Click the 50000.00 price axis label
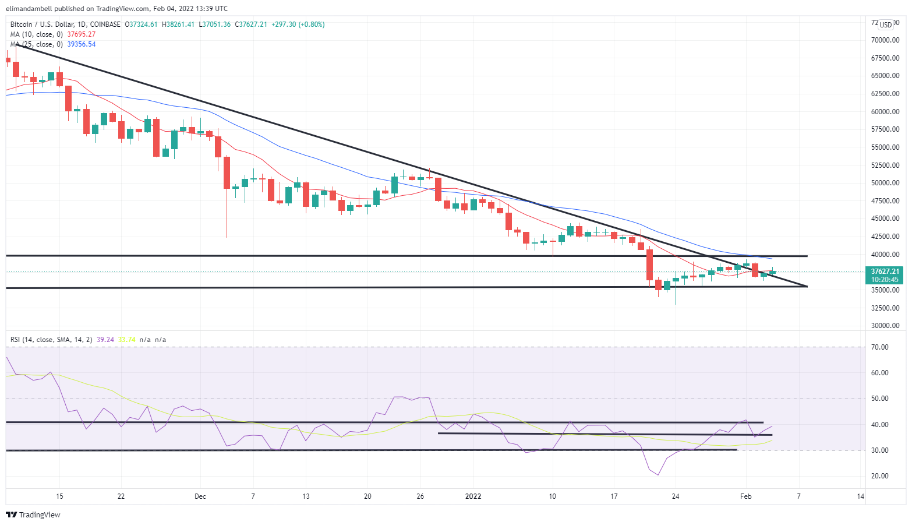click(x=885, y=183)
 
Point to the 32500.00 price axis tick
click(x=885, y=308)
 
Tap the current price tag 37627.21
click(x=885, y=272)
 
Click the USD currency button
click(x=886, y=24)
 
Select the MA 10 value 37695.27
click(x=82, y=34)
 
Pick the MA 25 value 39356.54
click(x=82, y=44)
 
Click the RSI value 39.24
click(x=105, y=340)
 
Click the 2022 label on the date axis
click(x=473, y=496)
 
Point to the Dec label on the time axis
click(x=200, y=496)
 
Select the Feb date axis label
click(x=745, y=496)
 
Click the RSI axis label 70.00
click(x=879, y=347)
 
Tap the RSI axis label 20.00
click(x=879, y=476)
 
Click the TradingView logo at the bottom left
click(x=33, y=515)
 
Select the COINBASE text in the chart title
click(x=105, y=24)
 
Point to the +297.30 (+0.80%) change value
click(x=298, y=24)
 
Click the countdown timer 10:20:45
click(x=885, y=280)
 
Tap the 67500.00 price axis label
click(x=885, y=58)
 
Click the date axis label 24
click(x=676, y=496)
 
